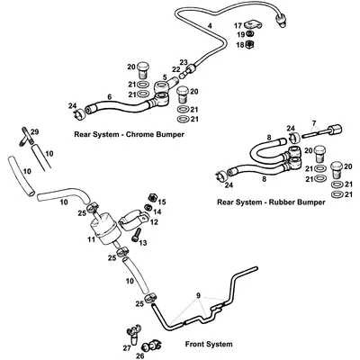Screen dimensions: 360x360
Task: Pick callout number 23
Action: (183, 62)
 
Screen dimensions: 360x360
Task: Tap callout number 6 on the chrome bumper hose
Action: (109, 97)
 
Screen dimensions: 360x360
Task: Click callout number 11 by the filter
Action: (89, 240)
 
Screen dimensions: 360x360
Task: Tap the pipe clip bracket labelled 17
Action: (262, 28)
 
